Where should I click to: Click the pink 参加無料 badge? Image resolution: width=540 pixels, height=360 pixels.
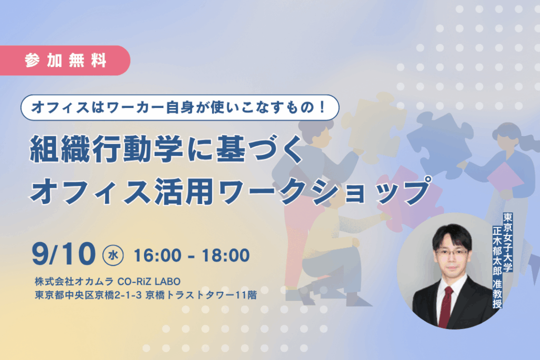pos(65,61)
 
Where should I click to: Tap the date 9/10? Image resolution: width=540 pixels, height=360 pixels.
pos(64,254)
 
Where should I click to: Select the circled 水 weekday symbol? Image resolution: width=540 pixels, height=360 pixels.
pos(113,255)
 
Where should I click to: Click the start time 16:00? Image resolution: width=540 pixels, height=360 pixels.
pos(157,255)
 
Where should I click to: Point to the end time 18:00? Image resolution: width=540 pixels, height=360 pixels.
pos(226,255)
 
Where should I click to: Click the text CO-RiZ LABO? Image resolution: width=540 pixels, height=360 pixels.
pos(149,281)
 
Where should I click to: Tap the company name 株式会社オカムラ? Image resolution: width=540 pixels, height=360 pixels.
pos(74,281)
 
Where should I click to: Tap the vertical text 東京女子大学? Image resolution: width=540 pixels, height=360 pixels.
pos(508,242)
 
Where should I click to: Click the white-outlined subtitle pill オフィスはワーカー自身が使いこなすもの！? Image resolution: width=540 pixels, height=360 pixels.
pos(180,108)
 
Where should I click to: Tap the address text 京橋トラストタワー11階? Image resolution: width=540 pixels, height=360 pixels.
pos(201,295)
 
